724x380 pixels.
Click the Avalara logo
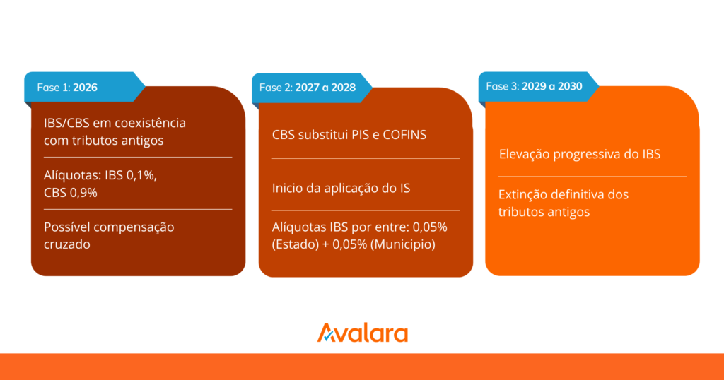click(x=363, y=333)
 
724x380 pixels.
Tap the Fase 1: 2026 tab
click(x=85, y=87)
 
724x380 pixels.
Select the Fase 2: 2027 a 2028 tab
click(x=312, y=88)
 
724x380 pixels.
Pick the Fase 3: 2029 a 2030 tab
click(x=538, y=86)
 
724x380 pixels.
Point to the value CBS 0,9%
click(x=71, y=193)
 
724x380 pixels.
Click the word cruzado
click(x=67, y=244)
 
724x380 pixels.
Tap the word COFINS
click(x=404, y=135)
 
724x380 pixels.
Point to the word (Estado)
click(x=296, y=244)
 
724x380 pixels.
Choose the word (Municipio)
click(x=403, y=244)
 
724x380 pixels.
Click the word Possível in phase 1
click(x=66, y=227)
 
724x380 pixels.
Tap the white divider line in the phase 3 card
click(x=592, y=176)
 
